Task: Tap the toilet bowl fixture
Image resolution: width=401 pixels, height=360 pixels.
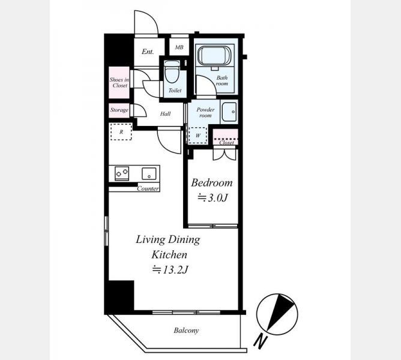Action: (171, 72)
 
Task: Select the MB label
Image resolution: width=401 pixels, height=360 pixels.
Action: (179, 47)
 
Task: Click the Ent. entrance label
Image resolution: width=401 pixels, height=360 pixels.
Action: (148, 52)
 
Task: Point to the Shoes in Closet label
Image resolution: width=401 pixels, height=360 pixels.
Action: (119, 83)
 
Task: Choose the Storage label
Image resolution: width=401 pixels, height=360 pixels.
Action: (119, 110)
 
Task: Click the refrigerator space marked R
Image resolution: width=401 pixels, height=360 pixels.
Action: (121, 131)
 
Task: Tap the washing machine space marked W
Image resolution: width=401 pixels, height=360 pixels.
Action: (197, 136)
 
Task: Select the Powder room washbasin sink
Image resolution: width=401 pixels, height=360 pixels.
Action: (229, 112)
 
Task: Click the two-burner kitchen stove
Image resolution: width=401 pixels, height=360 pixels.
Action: (122, 173)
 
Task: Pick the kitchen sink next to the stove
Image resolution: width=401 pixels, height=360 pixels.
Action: (149, 173)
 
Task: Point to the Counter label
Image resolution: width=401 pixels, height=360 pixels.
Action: (148, 188)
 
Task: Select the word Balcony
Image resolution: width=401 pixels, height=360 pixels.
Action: (186, 331)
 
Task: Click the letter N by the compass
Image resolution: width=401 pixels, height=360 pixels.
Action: (261, 341)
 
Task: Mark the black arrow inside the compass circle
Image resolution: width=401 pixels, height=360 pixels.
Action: (280, 312)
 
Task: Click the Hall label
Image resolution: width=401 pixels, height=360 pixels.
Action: (165, 114)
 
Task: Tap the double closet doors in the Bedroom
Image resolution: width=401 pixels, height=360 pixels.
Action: (224, 155)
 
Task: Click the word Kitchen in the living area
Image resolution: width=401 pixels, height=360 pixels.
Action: (169, 254)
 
